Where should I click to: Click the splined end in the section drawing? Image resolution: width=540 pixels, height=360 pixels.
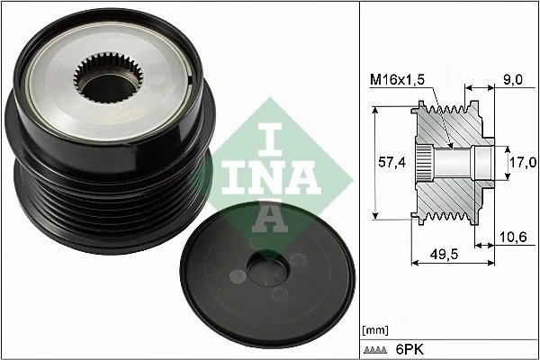[x=423, y=163]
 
